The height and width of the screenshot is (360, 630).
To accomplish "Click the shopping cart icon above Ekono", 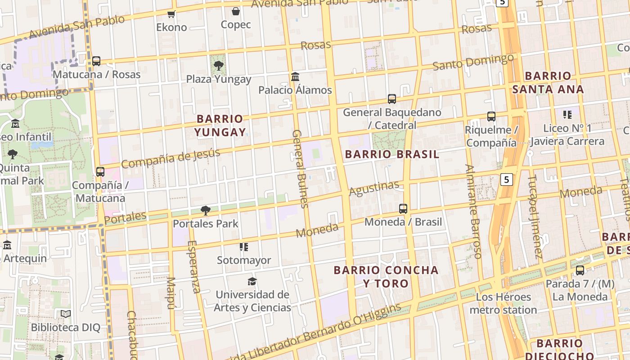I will tap(171, 14).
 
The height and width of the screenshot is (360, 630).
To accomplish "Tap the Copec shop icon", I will tap(235, 11).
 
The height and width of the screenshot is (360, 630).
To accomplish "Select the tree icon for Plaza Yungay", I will tap(219, 66).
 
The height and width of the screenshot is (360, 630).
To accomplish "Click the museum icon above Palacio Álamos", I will tap(295, 76).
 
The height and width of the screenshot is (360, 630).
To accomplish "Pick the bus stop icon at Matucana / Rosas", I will tap(96, 61).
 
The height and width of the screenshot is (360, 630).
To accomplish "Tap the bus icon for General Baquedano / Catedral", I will tap(392, 99).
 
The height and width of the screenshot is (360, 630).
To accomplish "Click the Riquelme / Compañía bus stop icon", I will tap(491, 117).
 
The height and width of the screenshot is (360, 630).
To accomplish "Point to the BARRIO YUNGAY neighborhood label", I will tap(220, 126).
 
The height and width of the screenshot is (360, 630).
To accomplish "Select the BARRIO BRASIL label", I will tap(391, 154).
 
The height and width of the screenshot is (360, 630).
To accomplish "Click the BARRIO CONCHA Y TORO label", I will tap(386, 277).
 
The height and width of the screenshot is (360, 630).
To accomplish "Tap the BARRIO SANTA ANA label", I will tap(548, 82).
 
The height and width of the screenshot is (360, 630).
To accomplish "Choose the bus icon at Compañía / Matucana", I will tap(100, 172).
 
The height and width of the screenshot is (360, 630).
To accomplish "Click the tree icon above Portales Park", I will tap(206, 210).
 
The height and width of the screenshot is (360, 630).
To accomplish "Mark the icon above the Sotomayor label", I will tap(244, 247).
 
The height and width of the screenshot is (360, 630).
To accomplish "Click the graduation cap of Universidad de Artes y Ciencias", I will tap(252, 281).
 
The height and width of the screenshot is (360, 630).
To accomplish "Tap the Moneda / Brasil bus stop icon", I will tap(403, 209).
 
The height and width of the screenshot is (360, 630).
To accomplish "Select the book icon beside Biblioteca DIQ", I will tap(66, 314).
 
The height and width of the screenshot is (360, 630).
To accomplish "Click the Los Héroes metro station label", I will tap(503, 303).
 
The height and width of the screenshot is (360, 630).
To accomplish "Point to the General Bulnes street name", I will tap(300, 169).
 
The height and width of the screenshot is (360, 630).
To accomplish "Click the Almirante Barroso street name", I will tap(473, 211).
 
